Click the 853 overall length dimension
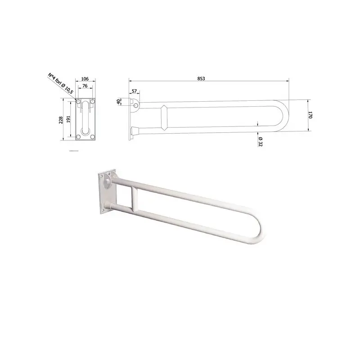tap(201, 78)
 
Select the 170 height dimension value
tap(310, 115)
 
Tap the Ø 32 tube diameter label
tap(260, 141)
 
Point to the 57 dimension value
tap(134, 91)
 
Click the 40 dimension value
tap(119, 102)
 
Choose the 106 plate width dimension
tap(85, 79)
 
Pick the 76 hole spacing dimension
tap(85, 85)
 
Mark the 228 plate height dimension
tap(61, 120)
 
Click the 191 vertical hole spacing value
tap(68, 119)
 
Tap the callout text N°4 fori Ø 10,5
tap(60, 83)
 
